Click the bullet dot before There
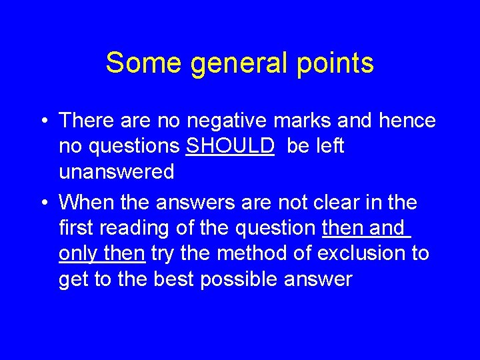coord(42,121)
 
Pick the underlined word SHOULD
coord(230,146)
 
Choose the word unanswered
coord(116,172)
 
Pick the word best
coord(176,279)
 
